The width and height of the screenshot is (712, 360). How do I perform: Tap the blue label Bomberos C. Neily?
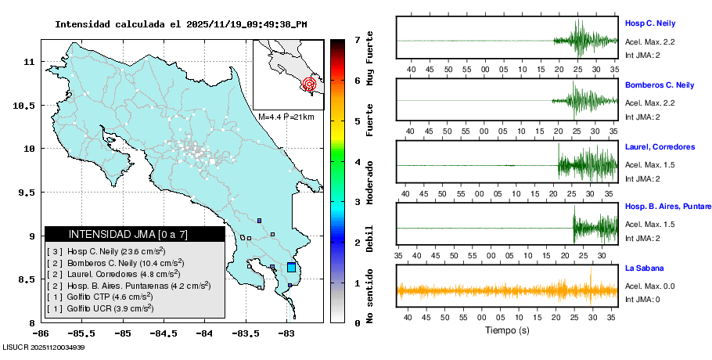(x=660, y=85)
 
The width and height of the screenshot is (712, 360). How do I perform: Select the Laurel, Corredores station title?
(x=660, y=146)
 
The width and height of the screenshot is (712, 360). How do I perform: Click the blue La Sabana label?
(x=643, y=268)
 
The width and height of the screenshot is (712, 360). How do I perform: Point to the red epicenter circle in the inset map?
(x=310, y=84)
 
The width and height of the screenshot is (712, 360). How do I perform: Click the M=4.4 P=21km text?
(x=286, y=117)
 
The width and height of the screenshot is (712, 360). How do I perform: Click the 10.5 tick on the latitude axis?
(x=27, y=105)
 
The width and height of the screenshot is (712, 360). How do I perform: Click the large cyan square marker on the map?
(x=291, y=267)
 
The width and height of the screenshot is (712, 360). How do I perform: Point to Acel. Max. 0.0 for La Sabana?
(x=650, y=286)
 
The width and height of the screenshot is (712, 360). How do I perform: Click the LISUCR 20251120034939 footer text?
(x=44, y=347)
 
